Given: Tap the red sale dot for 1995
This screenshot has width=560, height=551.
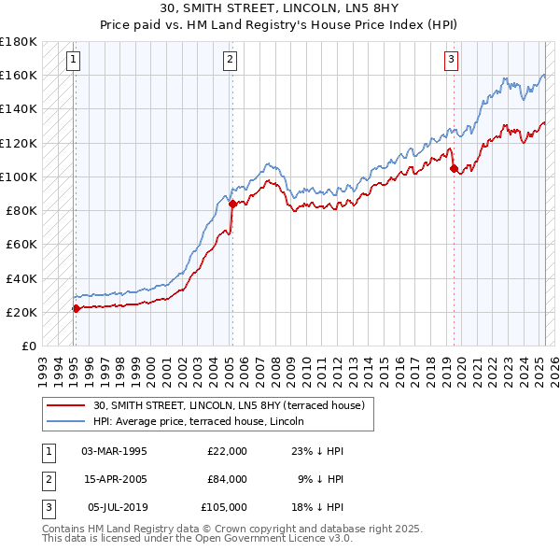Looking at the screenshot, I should pyautogui.click(x=76, y=308).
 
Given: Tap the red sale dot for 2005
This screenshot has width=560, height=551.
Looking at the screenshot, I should pyautogui.click(x=232, y=204).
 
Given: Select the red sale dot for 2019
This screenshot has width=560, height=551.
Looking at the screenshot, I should pyautogui.click(x=454, y=168).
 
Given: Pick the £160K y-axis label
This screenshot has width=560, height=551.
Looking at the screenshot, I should pyautogui.click(x=19, y=75).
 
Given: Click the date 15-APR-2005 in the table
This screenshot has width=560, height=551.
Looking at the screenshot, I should pyautogui.click(x=114, y=479).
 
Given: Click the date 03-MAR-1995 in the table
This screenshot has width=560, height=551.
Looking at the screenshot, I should pyautogui.click(x=114, y=451).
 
